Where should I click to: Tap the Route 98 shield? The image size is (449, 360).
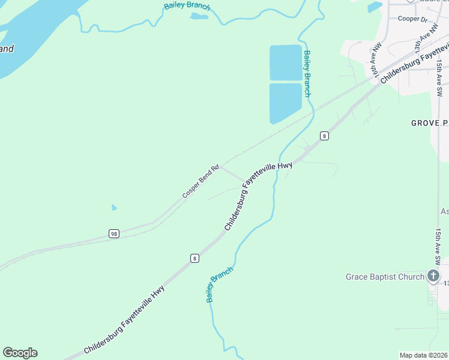[113, 233]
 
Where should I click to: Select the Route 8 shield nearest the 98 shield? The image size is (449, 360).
[194, 258]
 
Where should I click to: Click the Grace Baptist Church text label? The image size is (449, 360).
[385, 277]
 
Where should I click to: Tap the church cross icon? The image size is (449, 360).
[433, 276]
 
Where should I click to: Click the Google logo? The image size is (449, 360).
[20, 353]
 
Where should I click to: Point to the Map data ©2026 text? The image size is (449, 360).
[423, 355]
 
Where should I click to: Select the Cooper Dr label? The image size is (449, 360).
[412, 19]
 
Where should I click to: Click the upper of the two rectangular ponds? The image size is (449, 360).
[285, 62]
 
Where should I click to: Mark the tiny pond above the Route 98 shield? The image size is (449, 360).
[114, 208]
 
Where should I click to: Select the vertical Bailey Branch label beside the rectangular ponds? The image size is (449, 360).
[307, 73]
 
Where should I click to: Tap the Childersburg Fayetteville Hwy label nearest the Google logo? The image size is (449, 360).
[124, 324]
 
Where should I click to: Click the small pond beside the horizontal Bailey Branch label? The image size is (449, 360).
[199, 16]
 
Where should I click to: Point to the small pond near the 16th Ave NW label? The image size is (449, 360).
[375, 7]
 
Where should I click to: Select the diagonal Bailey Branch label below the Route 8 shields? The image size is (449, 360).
[219, 284]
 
